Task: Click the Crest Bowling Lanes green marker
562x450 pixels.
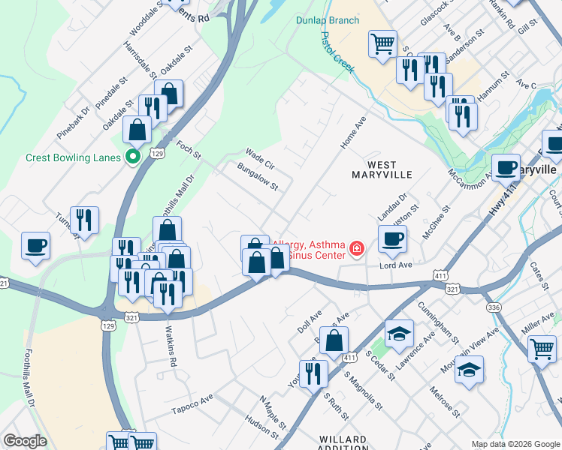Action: coord(133,157)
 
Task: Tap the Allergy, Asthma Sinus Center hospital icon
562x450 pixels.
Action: coord(356,248)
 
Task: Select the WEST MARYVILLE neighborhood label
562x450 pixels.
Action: coord(382,169)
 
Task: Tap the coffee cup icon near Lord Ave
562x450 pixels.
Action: coord(391,240)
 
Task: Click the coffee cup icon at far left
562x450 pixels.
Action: coord(35,245)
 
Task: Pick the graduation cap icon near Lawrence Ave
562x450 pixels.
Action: coord(399,332)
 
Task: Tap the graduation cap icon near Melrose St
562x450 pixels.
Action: coord(469,369)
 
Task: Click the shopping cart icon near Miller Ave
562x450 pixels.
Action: coord(542,349)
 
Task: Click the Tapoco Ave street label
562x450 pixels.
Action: coord(192,408)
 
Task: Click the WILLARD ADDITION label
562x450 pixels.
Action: coord(343,442)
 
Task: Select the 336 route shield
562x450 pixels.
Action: coord(494,307)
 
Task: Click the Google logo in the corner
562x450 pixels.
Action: coord(25,441)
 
